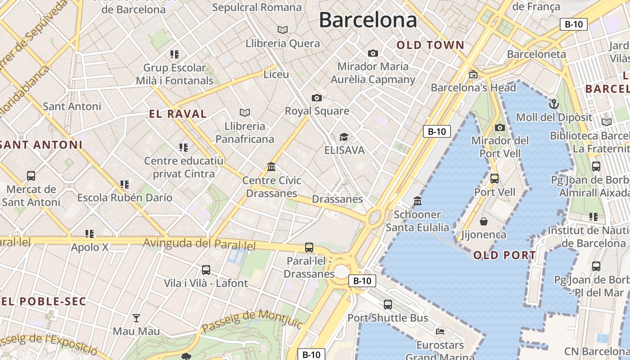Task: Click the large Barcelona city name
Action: pyautogui.click(x=368, y=20)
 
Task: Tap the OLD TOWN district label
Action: pyautogui.click(x=430, y=45)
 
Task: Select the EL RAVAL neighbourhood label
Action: pyautogui.click(x=178, y=114)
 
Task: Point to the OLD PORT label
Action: pyautogui.click(x=504, y=255)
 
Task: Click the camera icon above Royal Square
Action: pyautogui.click(x=317, y=98)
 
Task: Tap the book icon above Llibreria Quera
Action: pyautogui.click(x=283, y=30)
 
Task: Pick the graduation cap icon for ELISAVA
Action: pyautogui.click(x=344, y=137)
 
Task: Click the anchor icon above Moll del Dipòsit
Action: pyautogui.click(x=553, y=104)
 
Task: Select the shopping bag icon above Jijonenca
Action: pyautogui.click(x=484, y=221)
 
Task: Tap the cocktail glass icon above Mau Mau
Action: pyautogui.click(x=136, y=318)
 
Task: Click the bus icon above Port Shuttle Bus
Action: pyautogui.click(x=388, y=305)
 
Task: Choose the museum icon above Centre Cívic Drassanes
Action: pyautogui.click(x=271, y=167)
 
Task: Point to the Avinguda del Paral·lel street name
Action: pyautogui.click(x=199, y=244)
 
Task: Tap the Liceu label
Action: pyautogui.click(x=276, y=74)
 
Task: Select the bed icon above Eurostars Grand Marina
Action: pyautogui.click(x=440, y=332)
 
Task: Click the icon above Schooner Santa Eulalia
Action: pyautogui.click(x=418, y=201)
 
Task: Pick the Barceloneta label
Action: pyautogui.click(x=536, y=54)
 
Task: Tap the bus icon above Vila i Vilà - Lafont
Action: pyautogui.click(x=206, y=270)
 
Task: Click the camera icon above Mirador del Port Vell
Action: pyautogui.click(x=500, y=127)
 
